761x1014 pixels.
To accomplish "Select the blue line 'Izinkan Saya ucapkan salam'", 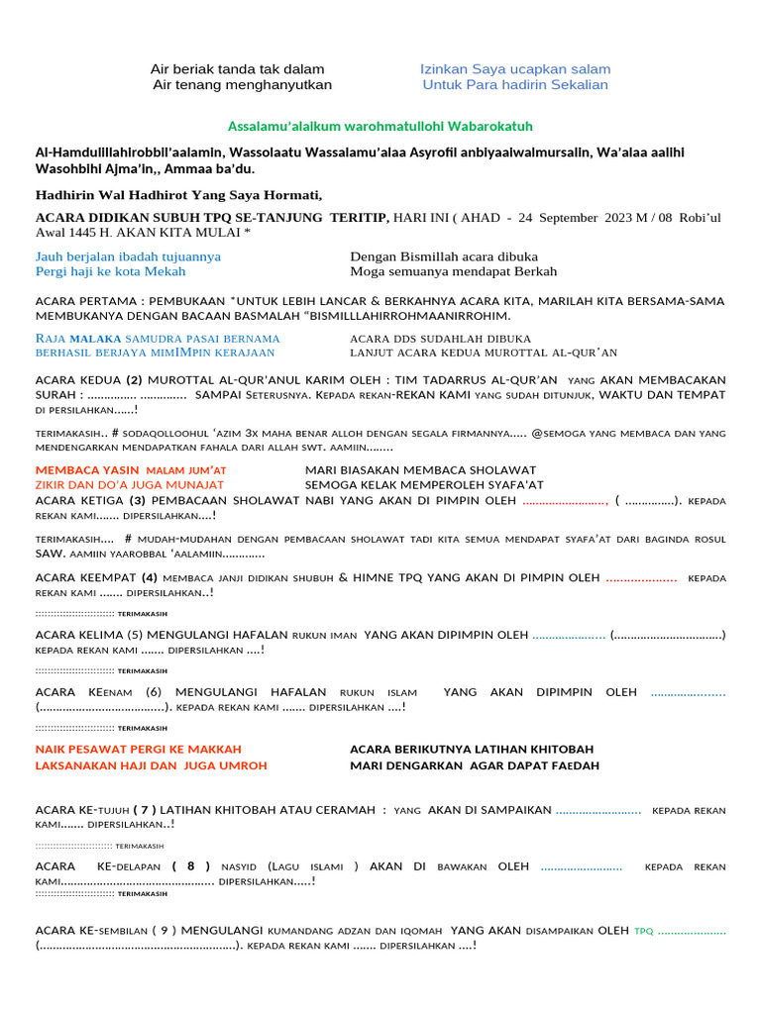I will point(515,69).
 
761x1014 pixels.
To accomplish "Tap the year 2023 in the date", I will point(617,217).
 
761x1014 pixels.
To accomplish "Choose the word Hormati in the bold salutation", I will point(294,194).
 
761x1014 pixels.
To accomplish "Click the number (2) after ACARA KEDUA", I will point(135,380).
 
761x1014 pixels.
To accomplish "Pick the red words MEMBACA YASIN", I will point(86,469).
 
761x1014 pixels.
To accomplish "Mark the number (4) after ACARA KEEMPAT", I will point(150,577).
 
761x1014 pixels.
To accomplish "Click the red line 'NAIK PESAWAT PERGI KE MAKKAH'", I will point(138,750).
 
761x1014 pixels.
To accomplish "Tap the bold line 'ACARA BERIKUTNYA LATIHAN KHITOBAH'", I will point(472,750).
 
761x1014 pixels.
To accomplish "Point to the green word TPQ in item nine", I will point(644,931).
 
